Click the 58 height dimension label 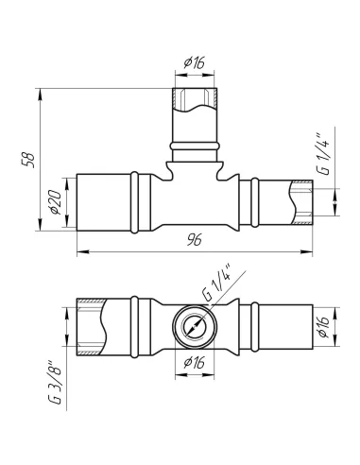[x=27, y=160]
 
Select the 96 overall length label [x=194, y=240]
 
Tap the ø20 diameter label [x=56, y=202]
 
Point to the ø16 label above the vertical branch [x=195, y=63]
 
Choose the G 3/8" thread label [x=56, y=382]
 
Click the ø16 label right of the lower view [x=324, y=326]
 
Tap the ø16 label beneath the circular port [x=195, y=362]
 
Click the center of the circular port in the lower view [x=195, y=326]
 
